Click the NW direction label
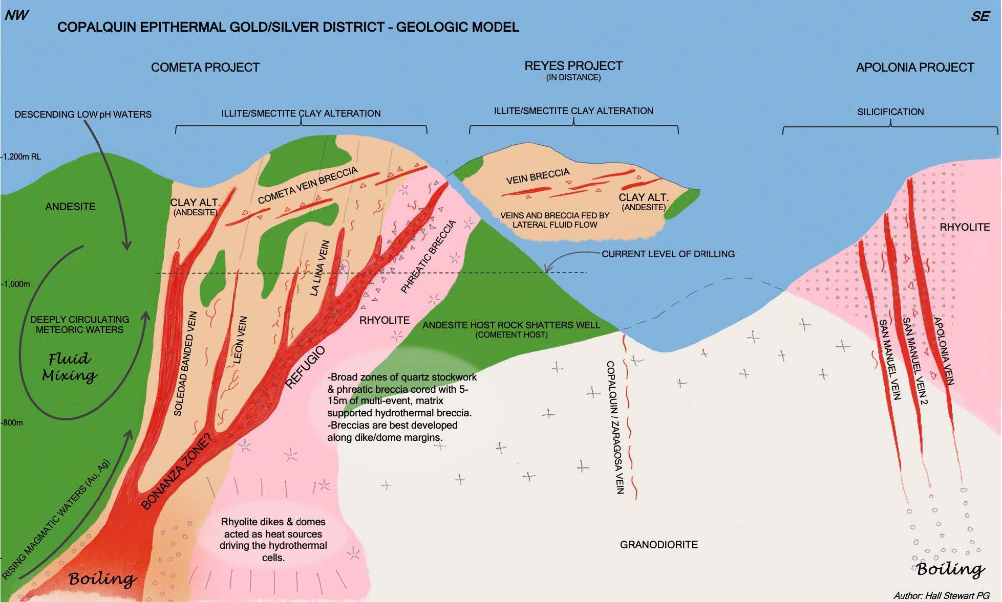pyautogui.click(x=16, y=15)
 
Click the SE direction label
pyautogui.click(x=980, y=16)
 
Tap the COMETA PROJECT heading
pyautogui.click(x=205, y=68)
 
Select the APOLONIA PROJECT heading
pyautogui.click(x=914, y=68)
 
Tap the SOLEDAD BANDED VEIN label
pyautogui.click(x=185, y=363)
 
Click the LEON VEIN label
pyautogui.click(x=240, y=340)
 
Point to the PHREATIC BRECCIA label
pyautogui.click(x=428, y=257)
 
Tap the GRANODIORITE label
pyautogui.click(x=658, y=545)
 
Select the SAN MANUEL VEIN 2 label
pyautogui.click(x=914, y=361)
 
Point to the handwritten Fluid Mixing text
pyautogui.click(x=69, y=367)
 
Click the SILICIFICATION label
pyautogui.click(x=890, y=112)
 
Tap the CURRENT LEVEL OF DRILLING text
pyautogui.click(x=668, y=254)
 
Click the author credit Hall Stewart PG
pyautogui.click(x=941, y=595)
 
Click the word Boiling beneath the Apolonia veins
pyautogui.click(x=950, y=570)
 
